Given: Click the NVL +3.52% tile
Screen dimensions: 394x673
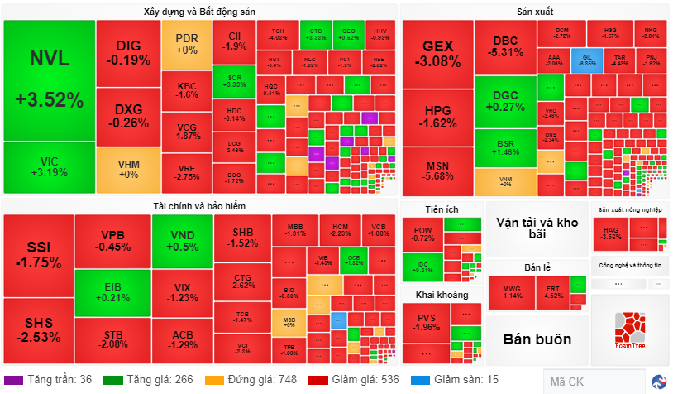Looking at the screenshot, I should pyautogui.click(x=49, y=79).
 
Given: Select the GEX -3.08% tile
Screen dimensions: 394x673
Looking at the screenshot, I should pyautogui.click(x=437, y=53).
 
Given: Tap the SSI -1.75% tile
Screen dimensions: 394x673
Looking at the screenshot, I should pyautogui.click(x=38, y=255).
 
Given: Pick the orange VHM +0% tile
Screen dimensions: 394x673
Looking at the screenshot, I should pyautogui.click(x=128, y=169).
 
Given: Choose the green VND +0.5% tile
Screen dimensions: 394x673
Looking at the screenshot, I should pyautogui.click(x=182, y=241).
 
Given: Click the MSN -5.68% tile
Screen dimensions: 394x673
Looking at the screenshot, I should pyautogui.click(x=437, y=169).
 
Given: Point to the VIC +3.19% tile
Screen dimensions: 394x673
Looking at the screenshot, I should pyautogui.click(x=49, y=166).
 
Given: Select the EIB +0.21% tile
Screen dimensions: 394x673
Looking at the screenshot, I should pyautogui.click(x=112, y=291).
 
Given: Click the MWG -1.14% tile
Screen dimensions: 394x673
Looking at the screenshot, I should pyautogui.click(x=512, y=291).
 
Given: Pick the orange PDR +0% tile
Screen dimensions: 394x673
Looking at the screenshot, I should pyautogui.click(x=186, y=45).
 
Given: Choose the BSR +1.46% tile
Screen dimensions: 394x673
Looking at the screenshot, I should pyautogui.click(x=505, y=147).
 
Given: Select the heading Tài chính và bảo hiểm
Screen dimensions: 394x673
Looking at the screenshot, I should pyautogui.click(x=198, y=205).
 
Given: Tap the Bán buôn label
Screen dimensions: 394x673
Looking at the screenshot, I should pyautogui.click(x=537, y=339).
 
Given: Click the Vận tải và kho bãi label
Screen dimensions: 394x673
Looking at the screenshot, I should pyautogui.click(x=537, y=228).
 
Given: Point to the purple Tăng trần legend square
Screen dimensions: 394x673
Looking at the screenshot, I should pyautogui.click(x=14, y=380).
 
